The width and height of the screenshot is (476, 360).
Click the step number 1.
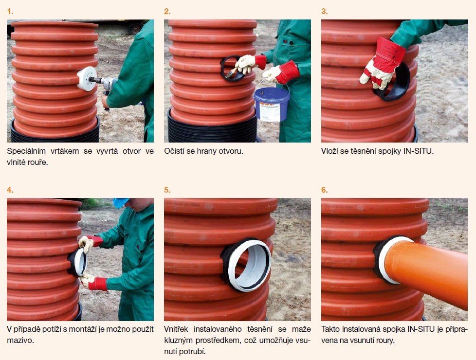coord(10,12)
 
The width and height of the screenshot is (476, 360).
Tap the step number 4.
coord(10,190)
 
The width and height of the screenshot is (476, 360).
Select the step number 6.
coord(325,190)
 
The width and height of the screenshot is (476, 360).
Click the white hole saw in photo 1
coord(87,78)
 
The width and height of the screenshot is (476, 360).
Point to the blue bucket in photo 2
coord(272,104)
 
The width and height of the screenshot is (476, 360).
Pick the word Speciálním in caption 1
coord(26,151)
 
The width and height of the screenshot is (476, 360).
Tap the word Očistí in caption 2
coord(174,151)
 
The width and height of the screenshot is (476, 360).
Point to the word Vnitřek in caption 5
coord(176,329)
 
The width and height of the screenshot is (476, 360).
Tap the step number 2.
coord(167,12)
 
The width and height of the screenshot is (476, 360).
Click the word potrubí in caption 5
coord(192,352)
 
